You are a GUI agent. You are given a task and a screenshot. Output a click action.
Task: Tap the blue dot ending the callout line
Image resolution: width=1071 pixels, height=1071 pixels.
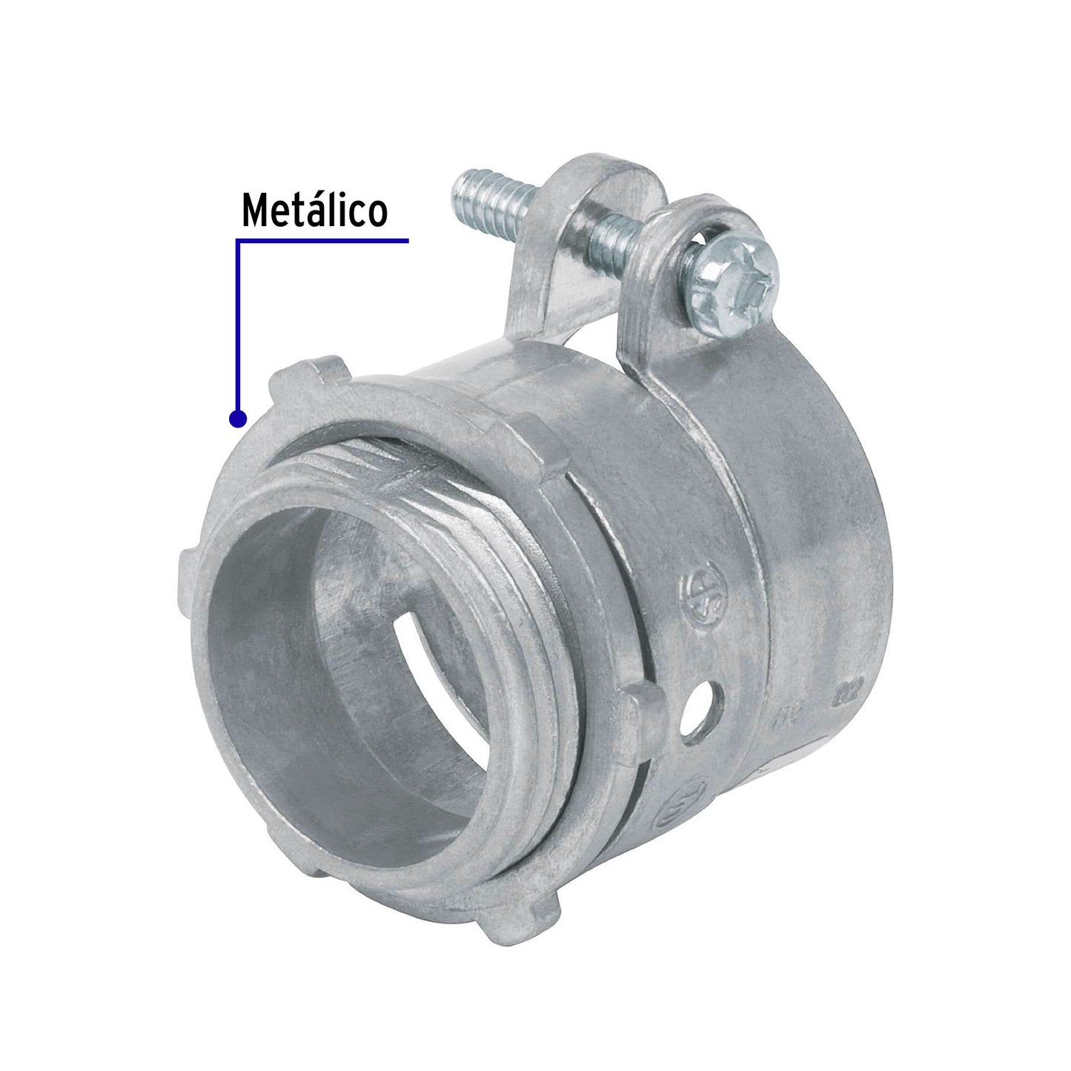click(237, 420)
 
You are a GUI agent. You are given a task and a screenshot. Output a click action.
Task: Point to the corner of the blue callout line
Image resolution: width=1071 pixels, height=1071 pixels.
click(237, 241)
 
